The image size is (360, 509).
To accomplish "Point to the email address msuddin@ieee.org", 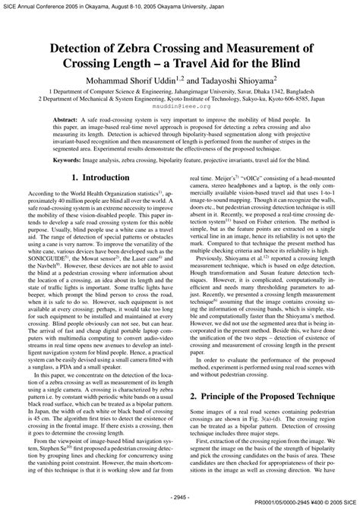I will click(x=179, y=107).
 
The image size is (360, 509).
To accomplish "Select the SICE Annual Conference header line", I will click(x=144, y=5).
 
